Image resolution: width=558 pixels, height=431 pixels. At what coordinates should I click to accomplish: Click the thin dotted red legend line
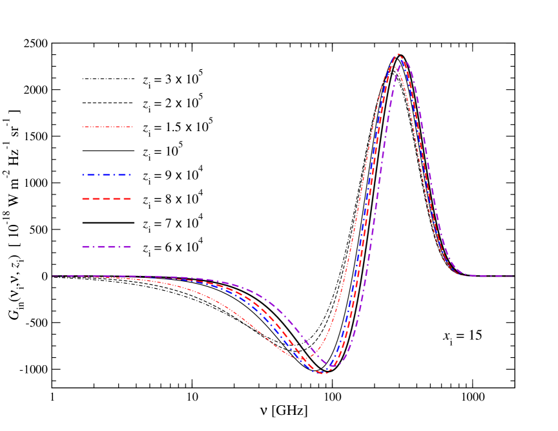click(x=107, y=127)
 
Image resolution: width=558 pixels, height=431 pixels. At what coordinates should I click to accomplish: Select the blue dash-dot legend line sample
click(x=107, y=174)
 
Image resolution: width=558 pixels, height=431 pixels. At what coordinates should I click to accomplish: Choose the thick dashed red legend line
click(x=107, y=198)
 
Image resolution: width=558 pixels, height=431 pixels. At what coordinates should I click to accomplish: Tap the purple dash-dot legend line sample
click(x=107, y=246)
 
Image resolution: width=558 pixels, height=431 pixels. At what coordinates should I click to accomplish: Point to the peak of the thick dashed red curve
click(x=398, y=54)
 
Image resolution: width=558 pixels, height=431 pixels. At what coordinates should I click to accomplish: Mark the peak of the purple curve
click(x=405, y=61)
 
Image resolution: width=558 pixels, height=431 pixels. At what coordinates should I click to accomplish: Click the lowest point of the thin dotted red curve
click(x=301, y=357)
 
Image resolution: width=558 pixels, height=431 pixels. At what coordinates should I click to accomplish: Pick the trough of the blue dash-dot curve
click(x=318, y=372)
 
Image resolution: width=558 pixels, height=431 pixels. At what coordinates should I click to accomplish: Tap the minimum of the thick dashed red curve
click(x=323, y=373)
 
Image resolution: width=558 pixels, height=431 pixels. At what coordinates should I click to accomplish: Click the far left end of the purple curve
click(x=52, y=276)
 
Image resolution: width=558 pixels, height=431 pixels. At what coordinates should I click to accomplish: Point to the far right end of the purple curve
click(x=513, y=276)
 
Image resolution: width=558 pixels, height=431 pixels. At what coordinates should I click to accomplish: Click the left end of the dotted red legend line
click(x=83, y=127)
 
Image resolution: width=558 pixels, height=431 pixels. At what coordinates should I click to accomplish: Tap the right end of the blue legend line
click(x=132, y=174)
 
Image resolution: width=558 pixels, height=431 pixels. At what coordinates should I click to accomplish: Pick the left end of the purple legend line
click(x=83, y=246)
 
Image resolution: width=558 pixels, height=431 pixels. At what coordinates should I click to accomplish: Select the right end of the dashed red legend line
click(x=132, y=198)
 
